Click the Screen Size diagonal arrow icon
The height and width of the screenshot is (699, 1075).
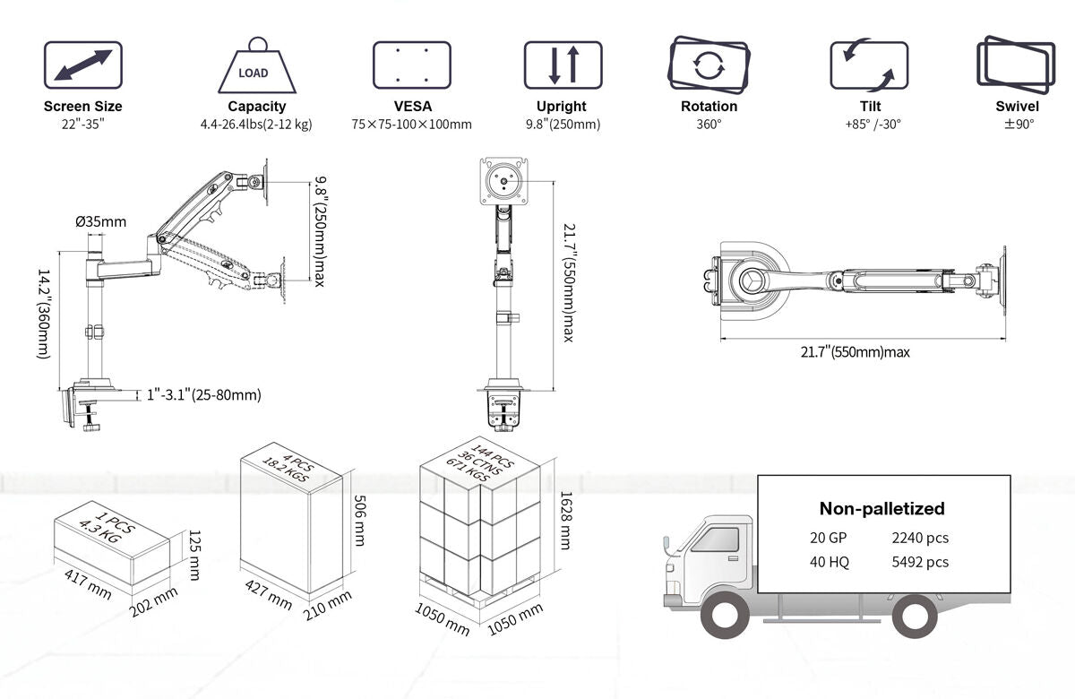83,65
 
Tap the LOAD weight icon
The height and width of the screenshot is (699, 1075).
257,65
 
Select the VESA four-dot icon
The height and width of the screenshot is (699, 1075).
411,65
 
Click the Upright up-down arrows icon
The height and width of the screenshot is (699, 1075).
563,65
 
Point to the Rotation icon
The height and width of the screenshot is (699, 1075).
709,64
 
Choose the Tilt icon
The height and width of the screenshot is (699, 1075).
868,65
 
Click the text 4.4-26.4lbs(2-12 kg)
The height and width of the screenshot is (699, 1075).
256,124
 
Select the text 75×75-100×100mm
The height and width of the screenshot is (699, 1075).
411,124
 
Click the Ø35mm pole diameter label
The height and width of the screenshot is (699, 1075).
101,221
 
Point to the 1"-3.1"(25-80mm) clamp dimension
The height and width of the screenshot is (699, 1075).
204,394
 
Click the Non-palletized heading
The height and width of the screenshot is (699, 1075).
881,508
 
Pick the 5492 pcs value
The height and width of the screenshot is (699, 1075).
920,562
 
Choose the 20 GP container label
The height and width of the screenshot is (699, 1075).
827,538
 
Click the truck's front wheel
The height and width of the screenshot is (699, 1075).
725,617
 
